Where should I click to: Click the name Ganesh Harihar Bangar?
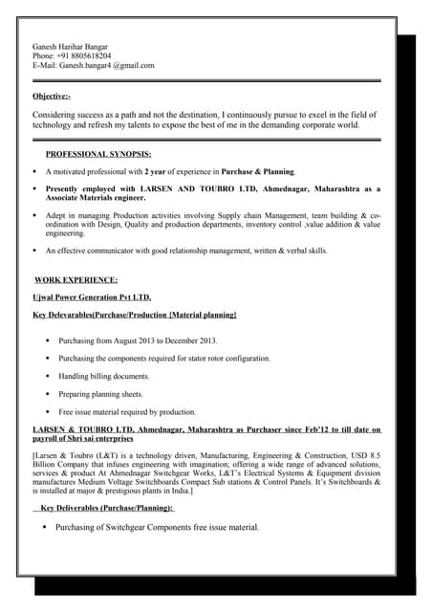(x=70, y=46)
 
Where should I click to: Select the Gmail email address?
(x=106, y=65)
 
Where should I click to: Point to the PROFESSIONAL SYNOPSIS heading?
(x=98, y=154)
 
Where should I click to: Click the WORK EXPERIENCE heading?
(x=76, y=279)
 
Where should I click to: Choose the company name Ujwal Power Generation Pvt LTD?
(x=92, y=296)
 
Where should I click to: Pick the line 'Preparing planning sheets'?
(x=100, y=394)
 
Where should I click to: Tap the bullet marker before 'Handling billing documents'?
(x=48, y=376)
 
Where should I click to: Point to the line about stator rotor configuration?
(x=164, y=359)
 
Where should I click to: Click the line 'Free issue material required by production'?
(x=127, y=412)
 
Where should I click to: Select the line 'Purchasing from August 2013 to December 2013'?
(x=138, y=340)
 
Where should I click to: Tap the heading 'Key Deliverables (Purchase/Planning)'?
(x=107, y=508)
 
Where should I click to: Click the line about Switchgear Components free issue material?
(x=157, y=527)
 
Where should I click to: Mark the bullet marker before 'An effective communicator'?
(x=34, y=251)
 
